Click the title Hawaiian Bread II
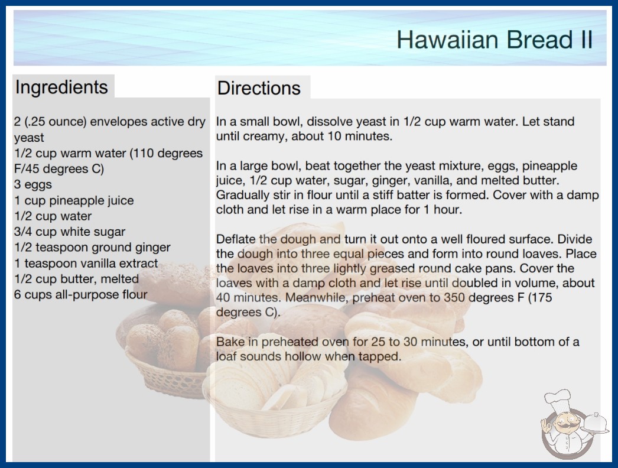coord(495,40)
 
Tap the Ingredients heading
coord(61,87)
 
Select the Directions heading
coord(259,88)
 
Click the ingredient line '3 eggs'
coord(33,184)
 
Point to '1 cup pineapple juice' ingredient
coord(74,200)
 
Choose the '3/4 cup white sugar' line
coord(70,232)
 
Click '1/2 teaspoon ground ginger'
coord(92,248)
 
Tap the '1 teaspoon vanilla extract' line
coord(86,263)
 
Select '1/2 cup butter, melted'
coord(76,279)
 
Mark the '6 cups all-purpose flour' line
coord(81,294)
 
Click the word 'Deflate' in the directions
coord(236,239)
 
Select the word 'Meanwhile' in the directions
coord(317,298)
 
